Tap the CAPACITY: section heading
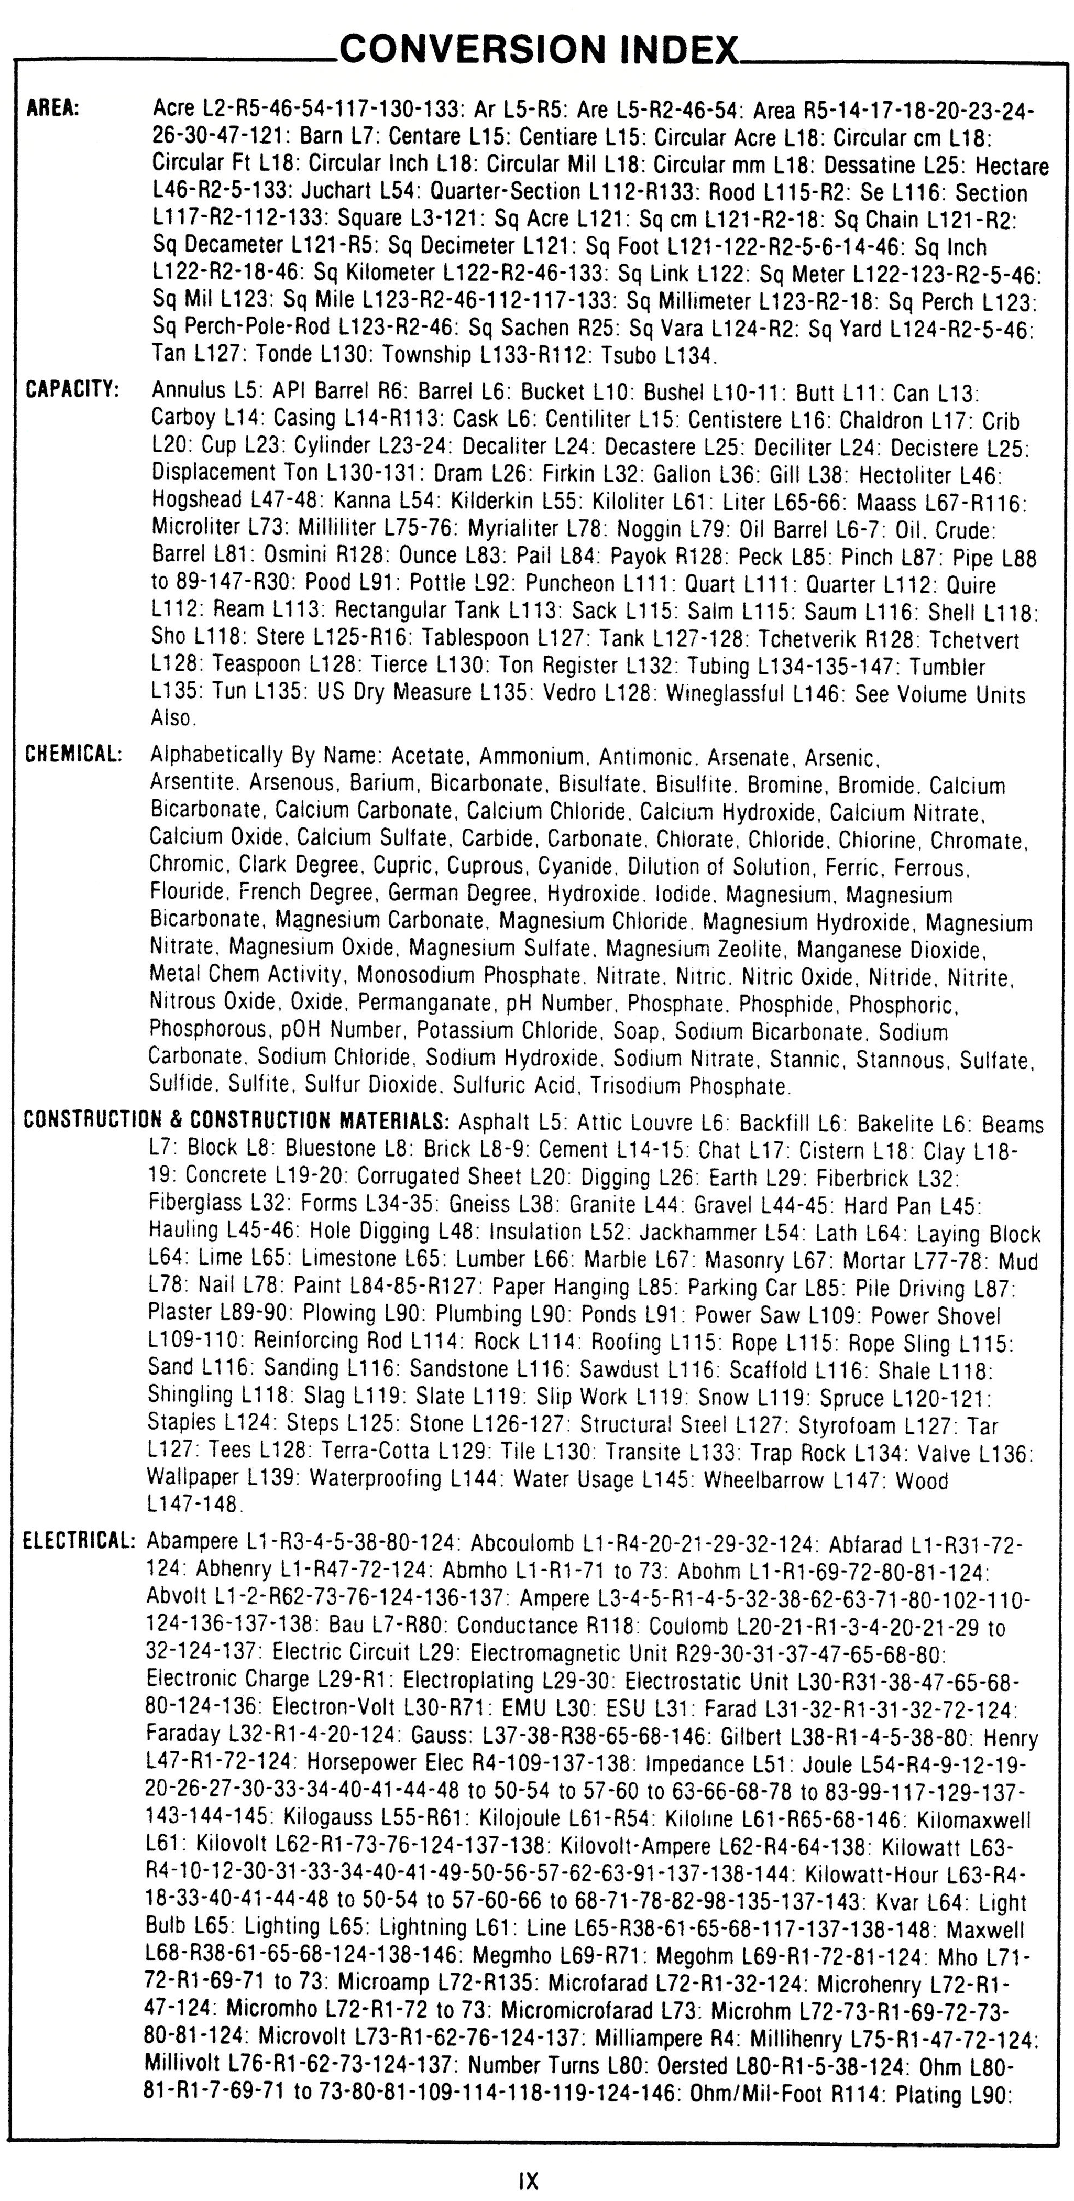coord(73,390)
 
